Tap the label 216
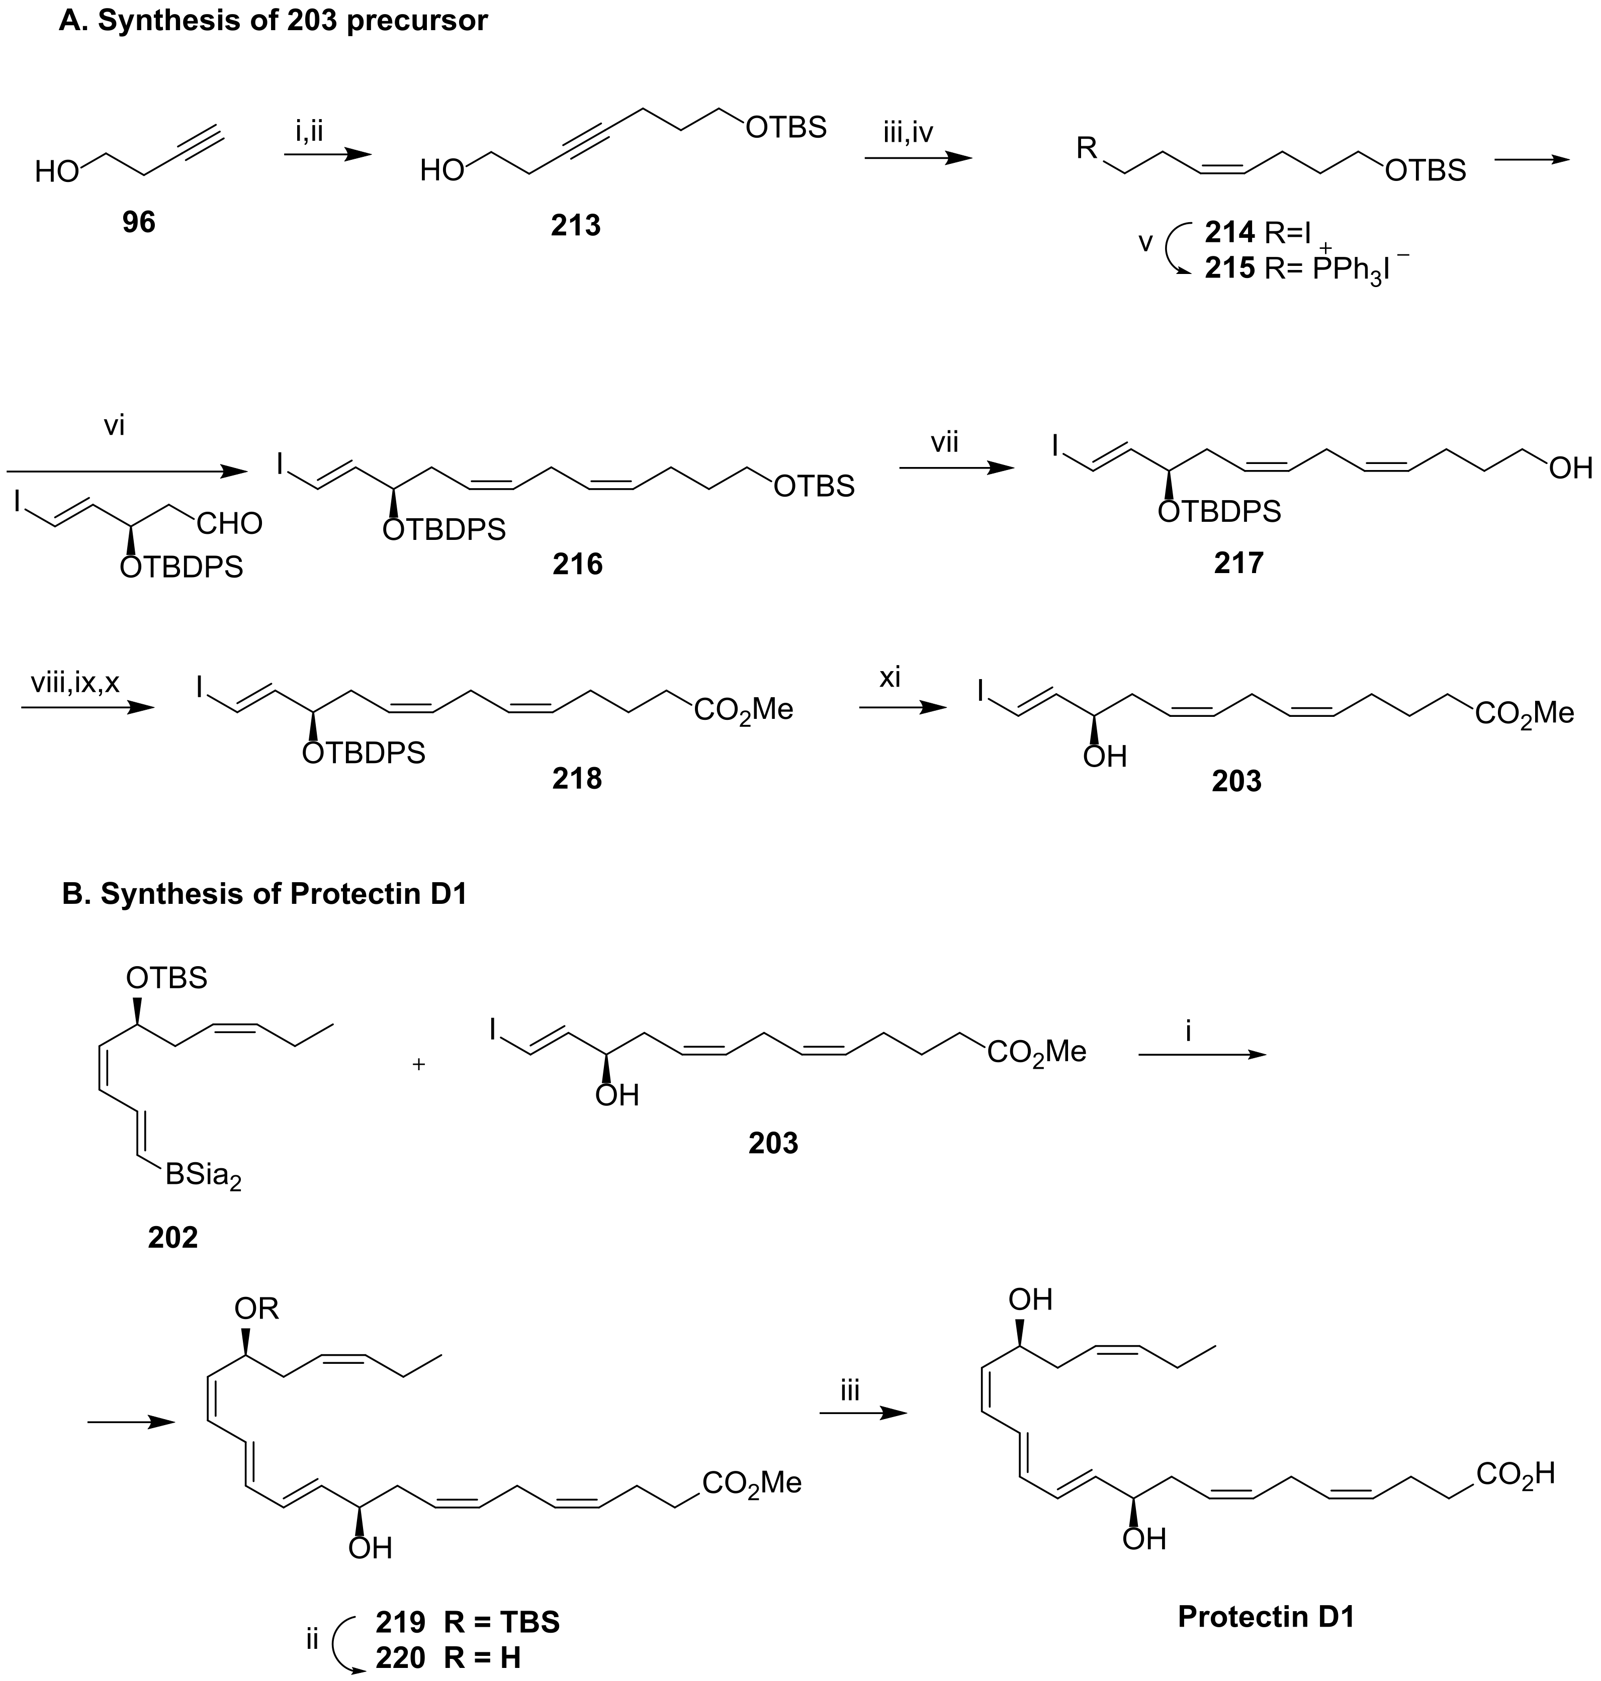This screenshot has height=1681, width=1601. click(x=577, y=564)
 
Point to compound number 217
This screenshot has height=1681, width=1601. click(x=1238, y=563)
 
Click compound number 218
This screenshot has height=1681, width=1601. click(x=577, y=778)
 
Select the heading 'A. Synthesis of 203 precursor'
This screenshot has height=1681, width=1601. click(x=273, y=21)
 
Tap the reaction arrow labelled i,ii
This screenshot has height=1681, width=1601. click(x=328, y=154)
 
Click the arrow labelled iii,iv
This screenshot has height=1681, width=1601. click(x=918, y=158)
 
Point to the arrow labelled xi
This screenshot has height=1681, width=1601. click(x=902, y=707)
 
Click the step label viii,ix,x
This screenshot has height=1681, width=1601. click(x=75, y=682)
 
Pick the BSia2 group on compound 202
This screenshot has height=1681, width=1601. click(x=203, y=1177)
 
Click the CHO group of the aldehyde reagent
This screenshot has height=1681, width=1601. click(x=229, y=523)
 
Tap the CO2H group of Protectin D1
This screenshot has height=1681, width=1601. click(x=1515, y=1474)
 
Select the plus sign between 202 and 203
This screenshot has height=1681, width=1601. click(x=419, y=1065)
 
